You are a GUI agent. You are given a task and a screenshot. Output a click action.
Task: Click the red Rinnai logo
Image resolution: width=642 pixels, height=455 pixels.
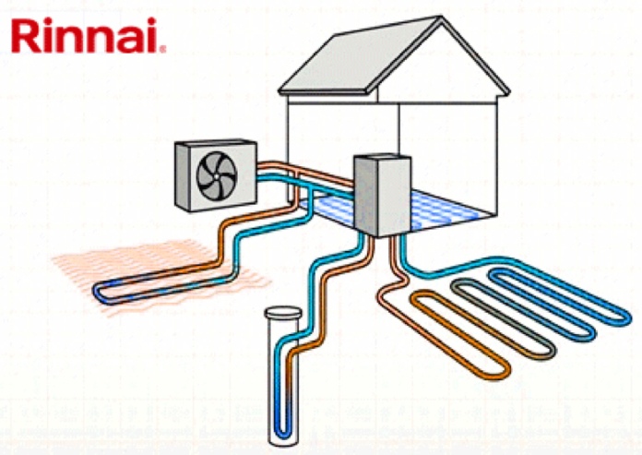[88, 35]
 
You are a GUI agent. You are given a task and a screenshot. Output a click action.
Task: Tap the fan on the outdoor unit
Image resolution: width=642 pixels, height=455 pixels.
[217, 175]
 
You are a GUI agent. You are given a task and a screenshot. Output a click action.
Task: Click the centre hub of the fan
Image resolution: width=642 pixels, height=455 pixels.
[216, 176]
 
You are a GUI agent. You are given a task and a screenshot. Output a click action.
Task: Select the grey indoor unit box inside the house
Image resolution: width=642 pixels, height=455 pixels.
[382, 195]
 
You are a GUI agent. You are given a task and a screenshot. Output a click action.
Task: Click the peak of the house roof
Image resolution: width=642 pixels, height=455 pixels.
[441, 17]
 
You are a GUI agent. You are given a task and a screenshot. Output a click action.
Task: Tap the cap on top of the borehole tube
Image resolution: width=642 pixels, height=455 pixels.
[283, 313]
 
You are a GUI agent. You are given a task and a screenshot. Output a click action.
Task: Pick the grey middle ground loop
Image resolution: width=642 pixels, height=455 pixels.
[504, 318]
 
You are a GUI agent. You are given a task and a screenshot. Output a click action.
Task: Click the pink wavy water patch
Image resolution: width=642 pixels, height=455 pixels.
[161, 275]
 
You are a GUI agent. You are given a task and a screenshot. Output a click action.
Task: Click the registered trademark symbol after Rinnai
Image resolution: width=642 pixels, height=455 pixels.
[163, 50]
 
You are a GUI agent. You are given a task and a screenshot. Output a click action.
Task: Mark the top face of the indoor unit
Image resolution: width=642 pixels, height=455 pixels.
[383, 158]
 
